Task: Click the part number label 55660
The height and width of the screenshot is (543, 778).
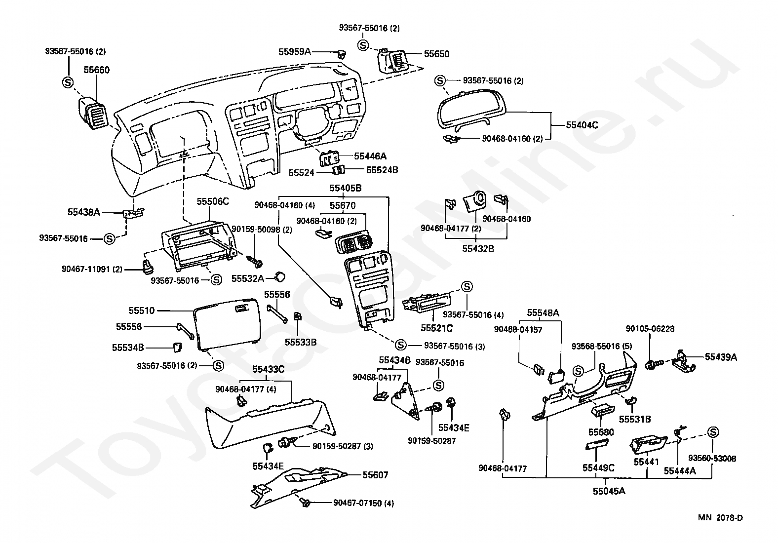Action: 96,70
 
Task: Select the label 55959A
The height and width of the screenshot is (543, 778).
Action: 295,52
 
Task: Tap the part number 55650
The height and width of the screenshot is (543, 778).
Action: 436,54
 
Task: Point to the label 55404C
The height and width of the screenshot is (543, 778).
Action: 582,125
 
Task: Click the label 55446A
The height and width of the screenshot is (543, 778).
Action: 370,156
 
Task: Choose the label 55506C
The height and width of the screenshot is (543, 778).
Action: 213,201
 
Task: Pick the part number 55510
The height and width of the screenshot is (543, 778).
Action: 141,310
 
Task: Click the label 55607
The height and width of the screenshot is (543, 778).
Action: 375,475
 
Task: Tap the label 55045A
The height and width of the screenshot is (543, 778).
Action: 609,491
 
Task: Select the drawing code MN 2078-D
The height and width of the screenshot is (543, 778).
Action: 720,527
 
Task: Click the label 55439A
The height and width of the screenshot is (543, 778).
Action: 721,357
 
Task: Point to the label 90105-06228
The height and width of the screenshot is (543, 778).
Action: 650,329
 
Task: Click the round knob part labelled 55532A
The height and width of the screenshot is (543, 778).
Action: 280,277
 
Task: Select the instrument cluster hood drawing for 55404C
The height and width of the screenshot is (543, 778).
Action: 470,111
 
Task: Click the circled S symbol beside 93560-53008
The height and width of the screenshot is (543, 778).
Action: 713,432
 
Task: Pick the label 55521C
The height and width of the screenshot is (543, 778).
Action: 436,328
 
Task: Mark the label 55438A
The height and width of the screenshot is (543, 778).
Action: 84,212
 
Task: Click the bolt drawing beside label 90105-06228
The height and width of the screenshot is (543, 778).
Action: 654,364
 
